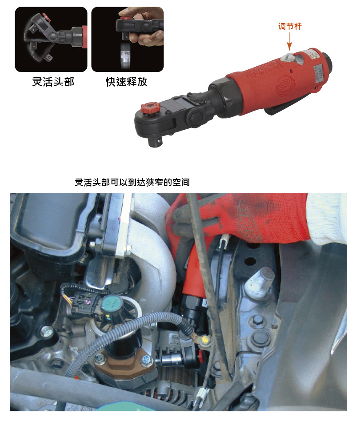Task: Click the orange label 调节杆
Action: tap(290, 26)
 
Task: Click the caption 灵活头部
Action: tap(53, 82)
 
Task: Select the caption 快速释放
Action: tap(127, 82)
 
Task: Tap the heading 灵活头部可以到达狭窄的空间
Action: tap(132, 182)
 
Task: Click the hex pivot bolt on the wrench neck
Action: tap(194, 118)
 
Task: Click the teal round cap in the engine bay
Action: tap(112, 305)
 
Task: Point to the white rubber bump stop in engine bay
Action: tap(259, 283)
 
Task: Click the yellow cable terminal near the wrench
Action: tap(204, 340)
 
